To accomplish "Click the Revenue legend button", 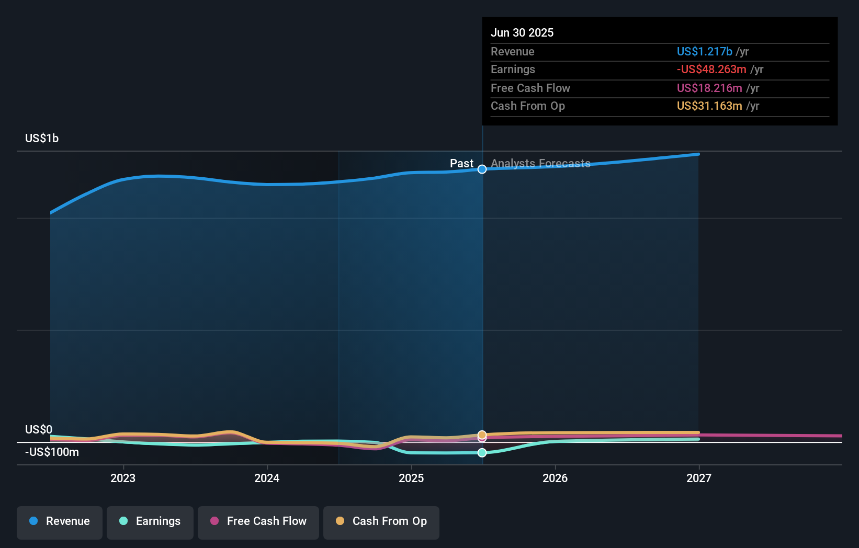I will pos(60,522).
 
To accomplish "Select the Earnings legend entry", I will pos(150,522).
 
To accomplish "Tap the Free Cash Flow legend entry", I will pos(258,522).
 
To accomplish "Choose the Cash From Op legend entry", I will pos(381,522).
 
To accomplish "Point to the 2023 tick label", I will pos(123,478).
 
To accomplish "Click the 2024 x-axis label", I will pos(267,478).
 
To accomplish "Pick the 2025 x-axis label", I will pos(411,478).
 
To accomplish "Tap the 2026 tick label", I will pos(555,478).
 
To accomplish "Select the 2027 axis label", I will pos(699,478).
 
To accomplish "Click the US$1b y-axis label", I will pos(42,138).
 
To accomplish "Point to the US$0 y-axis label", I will pos(39,429).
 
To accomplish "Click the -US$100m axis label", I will pos(52,452).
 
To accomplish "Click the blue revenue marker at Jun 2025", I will pos(482,169).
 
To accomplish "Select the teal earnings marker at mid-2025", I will pos(482,453).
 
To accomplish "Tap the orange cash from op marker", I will pos(482,435).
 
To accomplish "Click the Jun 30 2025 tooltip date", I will pos(522,32).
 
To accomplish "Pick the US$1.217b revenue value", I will pos(704,51).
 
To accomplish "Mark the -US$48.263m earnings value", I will pos(711,69).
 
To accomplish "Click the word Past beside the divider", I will pos(461,163).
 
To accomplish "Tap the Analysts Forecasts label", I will pos(540,163).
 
